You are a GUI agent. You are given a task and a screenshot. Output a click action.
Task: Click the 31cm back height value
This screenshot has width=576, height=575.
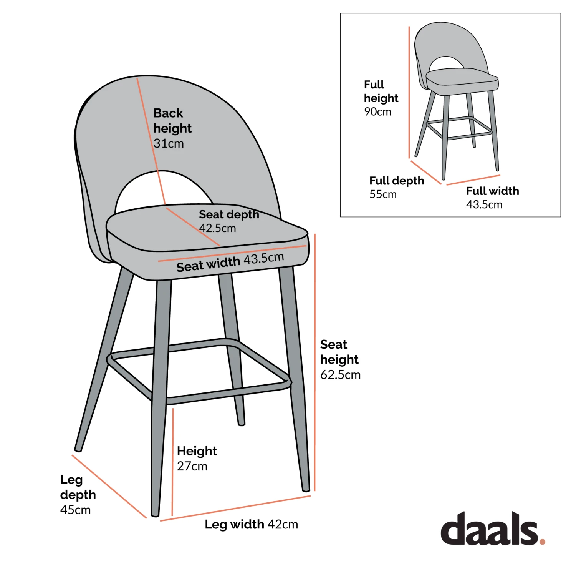pos(169,144)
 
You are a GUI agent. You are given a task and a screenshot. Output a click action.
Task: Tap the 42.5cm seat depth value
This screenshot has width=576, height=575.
pos(217,228)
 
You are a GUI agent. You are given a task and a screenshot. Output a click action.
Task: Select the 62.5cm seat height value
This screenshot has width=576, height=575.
pos(340,375)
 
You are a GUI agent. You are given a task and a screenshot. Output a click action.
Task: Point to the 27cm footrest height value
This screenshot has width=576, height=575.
pos(192,466)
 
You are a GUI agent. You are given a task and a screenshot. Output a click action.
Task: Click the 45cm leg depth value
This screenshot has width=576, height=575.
pos(75,510)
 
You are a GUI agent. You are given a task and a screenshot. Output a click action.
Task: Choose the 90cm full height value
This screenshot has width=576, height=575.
pos(377,112)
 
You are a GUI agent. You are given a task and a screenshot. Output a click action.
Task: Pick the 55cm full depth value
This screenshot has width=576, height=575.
pos(383,194)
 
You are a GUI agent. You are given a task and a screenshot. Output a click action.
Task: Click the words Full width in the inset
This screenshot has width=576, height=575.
pos(492,191)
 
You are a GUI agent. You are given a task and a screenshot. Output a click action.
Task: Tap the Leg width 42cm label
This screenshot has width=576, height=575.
pos(251,524)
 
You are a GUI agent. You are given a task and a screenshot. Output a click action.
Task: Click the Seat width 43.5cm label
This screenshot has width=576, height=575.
pos(230,262)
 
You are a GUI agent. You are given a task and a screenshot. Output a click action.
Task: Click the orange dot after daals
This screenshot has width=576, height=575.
pos(542,541)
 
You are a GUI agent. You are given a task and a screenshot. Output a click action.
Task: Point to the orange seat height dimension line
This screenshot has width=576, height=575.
pos(315,361)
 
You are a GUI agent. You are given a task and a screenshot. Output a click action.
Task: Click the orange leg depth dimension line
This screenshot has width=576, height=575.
pos(109,487)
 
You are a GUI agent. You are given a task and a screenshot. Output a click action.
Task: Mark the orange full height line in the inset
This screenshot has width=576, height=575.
pos(409,92)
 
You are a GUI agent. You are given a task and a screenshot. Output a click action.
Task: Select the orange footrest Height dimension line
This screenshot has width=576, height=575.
pos(173,461)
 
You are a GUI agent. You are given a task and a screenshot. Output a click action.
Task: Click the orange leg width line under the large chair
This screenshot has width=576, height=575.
pos(235,509)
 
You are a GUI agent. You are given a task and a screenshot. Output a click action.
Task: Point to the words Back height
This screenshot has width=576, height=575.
pos(172,121)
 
